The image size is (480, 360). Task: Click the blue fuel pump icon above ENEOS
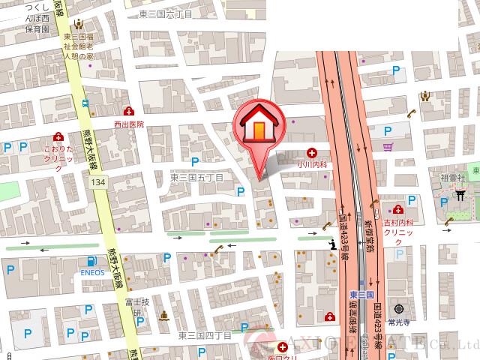(x=91, y=261)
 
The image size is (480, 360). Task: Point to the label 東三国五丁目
(x=196, y=178)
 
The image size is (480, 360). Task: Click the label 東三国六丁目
(x=166, y=14)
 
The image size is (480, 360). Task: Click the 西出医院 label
(x=128, y=124)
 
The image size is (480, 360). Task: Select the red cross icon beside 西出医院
(x=130, y=112)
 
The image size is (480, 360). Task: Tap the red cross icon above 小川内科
(x=311, y=152)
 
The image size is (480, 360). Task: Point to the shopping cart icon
(x=388, y=147)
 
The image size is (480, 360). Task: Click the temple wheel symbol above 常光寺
(x=398, y=308)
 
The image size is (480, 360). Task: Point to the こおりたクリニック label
(x=58, y=158)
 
